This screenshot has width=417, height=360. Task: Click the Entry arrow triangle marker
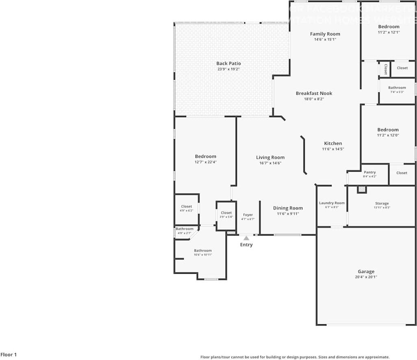pyautogui.click(x=246, y=238)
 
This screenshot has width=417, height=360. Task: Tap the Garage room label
pyautogui.click(x=366, y=271)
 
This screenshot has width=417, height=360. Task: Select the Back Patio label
pyautogui.click(x=228, y=63)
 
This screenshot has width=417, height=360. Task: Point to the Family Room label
pyautogui.click(x=325, y=34)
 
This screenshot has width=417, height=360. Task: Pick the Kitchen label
pyautogui.click(x=333, y=143)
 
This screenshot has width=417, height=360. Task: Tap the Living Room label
pyautogui.click(x=270, y=157)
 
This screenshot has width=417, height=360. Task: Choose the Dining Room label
pyautogui.click(x=288, y=208)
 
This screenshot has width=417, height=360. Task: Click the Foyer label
pyautogui.click(x=248, y=215)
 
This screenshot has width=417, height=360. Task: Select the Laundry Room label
pyautogui.click(x=332, y=203)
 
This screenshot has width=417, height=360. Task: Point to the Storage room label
pyautogui.click(x=382, y=203)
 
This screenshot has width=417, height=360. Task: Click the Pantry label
pyautogui.click(x=369, y=172)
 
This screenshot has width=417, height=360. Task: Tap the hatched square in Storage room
pyautogui.click(x=362, y=190)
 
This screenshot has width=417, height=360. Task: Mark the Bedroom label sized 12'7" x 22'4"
pyautogui.click(x=205, y=156)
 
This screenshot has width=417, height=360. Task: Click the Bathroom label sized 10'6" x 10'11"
pyautogui.click(x=202, y=251)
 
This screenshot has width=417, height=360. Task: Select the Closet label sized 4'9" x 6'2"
pyautogui.click(x=187, y=207)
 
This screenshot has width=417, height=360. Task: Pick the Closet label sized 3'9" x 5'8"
pyautogui.click(x=226, y=213)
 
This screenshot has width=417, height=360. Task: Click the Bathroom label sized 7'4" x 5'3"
pyautogui.click(x=397, y=87)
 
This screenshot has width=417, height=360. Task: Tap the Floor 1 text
pyautogui.click(x=9, y=355)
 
